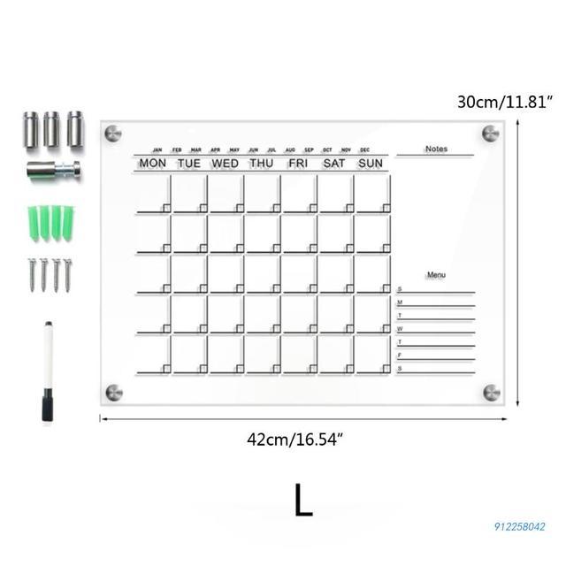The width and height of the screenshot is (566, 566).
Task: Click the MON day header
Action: click(x=152, y=164)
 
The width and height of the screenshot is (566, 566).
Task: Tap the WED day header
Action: click(x=225, y=164)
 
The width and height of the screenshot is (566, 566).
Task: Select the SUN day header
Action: click(x=371, y=164)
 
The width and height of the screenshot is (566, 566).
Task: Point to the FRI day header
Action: click(x=298, y=164)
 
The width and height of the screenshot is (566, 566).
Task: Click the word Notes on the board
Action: click(x=436, y=149)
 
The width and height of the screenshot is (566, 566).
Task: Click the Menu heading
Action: click(x=436, y=275)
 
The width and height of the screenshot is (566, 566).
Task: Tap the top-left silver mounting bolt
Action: click(x=112, y=134)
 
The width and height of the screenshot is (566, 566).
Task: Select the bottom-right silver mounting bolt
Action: click(x=491, y=391)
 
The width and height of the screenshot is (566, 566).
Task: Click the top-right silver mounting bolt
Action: click(x=491, y=134)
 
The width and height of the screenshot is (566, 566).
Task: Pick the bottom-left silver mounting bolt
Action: click(x=112, y=391)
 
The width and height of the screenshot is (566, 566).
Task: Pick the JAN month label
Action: click(x=157, y=150)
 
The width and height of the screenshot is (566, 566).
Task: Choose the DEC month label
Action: click(x=365, y=150)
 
